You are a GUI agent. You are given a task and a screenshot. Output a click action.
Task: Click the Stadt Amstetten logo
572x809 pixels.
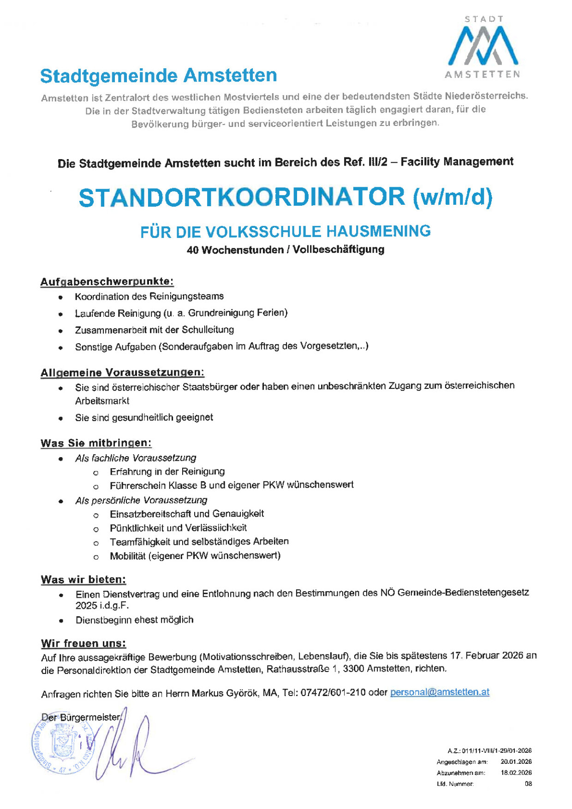[483, 47]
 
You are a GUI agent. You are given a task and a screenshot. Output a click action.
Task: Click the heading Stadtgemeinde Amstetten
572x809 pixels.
[158, 76]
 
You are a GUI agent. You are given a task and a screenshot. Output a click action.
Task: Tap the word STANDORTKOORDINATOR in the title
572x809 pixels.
[242, 197]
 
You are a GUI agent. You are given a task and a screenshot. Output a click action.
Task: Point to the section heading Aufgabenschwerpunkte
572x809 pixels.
[107, 281]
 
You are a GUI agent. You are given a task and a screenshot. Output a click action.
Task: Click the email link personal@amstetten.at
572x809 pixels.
[439, 692]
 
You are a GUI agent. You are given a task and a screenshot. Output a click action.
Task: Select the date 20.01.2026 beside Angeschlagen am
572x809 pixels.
[516, 761]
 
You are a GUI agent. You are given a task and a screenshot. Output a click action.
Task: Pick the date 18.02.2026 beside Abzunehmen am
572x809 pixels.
[516, 773]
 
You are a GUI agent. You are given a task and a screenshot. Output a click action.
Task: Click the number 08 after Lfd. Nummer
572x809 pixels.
[528, 784]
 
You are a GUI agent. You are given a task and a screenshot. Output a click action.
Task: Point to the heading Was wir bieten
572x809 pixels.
[83, 579]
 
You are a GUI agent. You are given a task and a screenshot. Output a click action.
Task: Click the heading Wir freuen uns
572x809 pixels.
[83, 643]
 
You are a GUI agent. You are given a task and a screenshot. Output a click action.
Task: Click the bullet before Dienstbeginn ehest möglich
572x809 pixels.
[61, 621]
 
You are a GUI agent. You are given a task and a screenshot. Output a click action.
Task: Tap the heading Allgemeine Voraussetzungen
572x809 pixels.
[122, 372]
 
